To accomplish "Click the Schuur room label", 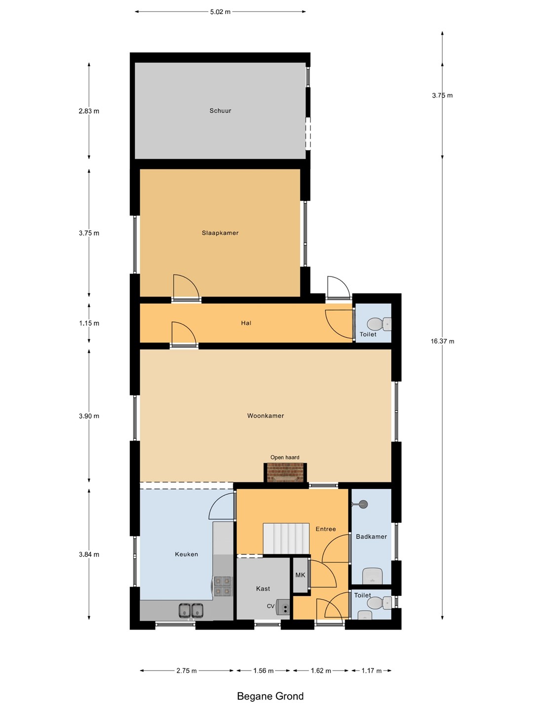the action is tap(221, 111).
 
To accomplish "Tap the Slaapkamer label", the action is tap(221, 233).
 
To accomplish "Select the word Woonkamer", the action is tap(266, 416).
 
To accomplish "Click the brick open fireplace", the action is tap(285, 473).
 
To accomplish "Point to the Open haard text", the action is tap(285, 457).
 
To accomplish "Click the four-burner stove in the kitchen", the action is tap(223, 586).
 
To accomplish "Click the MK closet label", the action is tap(301, 575).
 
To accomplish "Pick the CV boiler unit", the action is tap(283, 606).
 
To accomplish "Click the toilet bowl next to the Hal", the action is tap(379, 323).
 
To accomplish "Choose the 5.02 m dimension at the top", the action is tap(221, 12).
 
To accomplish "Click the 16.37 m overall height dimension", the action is tap(442, 341).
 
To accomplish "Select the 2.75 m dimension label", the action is tap(187, 671).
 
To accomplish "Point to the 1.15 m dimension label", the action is tap(89, 323).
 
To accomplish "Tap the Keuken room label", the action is tap(187, 554).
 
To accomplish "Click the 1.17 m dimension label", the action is tap(372, 671).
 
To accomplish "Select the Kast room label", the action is tap(263, 589).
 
